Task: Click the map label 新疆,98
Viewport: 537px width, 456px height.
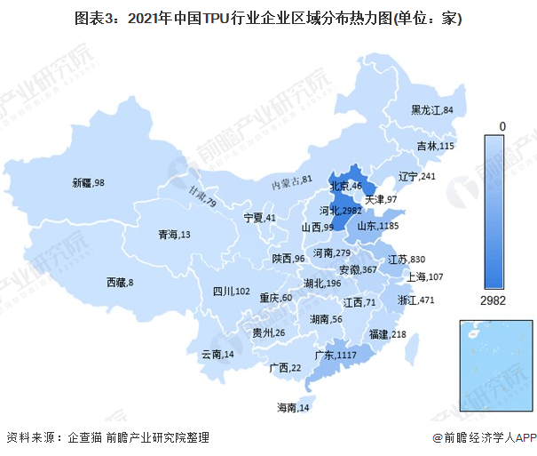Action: point(89,182)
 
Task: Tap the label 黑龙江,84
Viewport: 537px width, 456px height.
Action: point(432,110)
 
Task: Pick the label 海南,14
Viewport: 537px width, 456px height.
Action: point(292,408)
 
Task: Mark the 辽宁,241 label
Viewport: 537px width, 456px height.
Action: point(417,176)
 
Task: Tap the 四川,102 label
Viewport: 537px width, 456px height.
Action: point(231,292)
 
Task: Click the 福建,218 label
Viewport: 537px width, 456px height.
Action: point(387,334)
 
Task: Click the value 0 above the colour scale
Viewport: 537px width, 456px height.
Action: point(501,126)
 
